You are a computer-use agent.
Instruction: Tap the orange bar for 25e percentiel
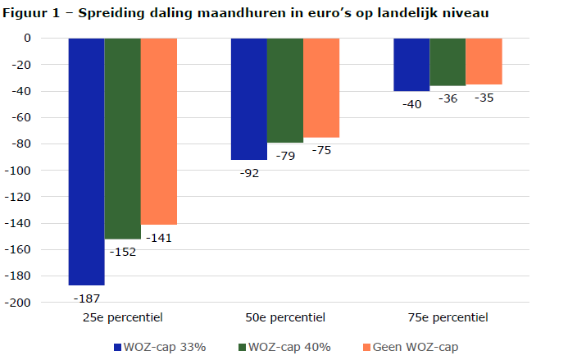point(158,130)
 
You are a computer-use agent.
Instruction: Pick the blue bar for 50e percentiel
point(248,98)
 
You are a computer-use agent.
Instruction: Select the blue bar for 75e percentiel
point(411,64)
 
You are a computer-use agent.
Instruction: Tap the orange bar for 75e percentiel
point(484,61)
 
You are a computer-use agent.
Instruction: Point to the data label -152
point(122,252)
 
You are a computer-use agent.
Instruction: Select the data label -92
point(248,173)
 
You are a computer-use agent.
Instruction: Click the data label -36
point(448,98)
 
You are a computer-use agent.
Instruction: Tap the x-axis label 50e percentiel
point(285,317)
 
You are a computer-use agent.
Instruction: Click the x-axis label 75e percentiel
point(448,317)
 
